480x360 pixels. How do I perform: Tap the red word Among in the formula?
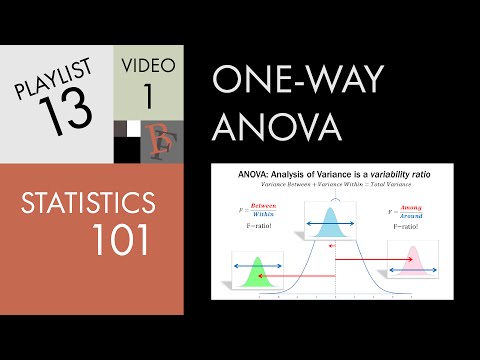click(x=409, y=205)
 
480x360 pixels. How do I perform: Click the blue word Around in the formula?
click(x=409, y=215)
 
